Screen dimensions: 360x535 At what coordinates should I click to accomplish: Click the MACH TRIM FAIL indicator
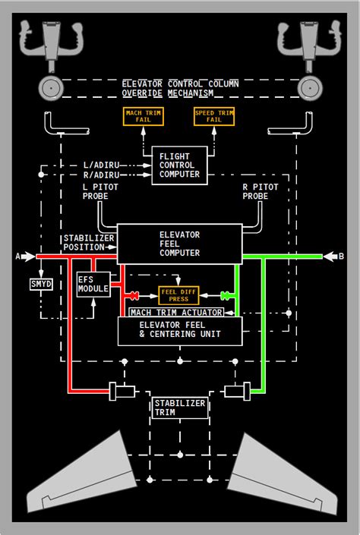pos(143,116)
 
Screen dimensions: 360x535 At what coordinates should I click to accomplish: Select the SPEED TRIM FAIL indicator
pos(214,116)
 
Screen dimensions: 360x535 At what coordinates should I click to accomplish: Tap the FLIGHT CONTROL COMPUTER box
pos(179,165)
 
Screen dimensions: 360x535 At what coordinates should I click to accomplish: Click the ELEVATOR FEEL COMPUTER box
pos(180,244)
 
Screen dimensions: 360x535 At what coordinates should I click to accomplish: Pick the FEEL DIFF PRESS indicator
pos(178,295)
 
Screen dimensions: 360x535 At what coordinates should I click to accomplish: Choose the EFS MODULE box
pos(93,285)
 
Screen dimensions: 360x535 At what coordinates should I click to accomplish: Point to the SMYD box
pos(41,284)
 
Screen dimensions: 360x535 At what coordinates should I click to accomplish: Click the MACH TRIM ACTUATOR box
pos(176,312)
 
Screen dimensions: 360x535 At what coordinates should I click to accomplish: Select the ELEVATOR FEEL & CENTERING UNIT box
pos(180,331)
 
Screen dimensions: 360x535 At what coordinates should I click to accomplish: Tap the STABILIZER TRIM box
pos(180,408)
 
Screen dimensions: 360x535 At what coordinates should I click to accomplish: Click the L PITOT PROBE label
pos(95,192)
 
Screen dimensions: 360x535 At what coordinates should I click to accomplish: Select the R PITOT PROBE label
pos(261,192)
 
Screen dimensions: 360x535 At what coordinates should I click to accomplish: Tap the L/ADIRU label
pos(102,165)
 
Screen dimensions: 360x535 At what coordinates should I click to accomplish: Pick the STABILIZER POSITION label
pos(88,243)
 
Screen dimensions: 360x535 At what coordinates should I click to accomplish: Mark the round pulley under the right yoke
pos(310,88)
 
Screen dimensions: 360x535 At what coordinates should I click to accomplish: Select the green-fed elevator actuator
pos(238,392)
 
